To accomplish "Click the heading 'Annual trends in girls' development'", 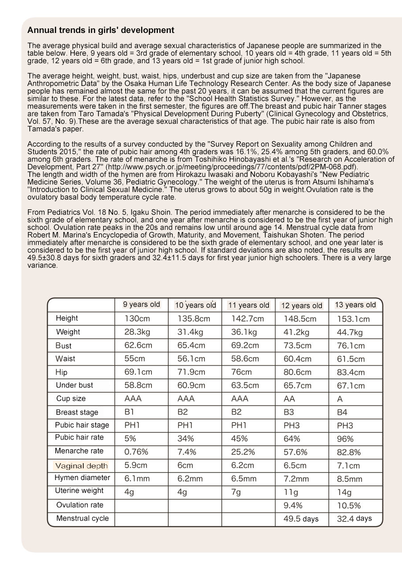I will point(101,30).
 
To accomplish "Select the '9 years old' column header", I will point(141,305).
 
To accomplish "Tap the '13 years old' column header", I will point(355,305).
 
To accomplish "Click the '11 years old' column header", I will point(248,305).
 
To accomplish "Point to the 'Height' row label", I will point(67,318).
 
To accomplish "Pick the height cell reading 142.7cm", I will point(248,319).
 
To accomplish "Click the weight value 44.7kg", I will point(350,332).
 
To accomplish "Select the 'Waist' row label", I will point(65,358).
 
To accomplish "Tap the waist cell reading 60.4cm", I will point(297,359).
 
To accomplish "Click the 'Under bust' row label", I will point(74,385).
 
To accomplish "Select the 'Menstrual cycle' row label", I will point(82,518).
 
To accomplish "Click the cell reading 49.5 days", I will point(301,519).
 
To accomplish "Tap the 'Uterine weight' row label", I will point(79,491).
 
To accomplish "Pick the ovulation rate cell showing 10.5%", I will point(349,505).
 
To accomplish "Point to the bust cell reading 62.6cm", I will point(138,346).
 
